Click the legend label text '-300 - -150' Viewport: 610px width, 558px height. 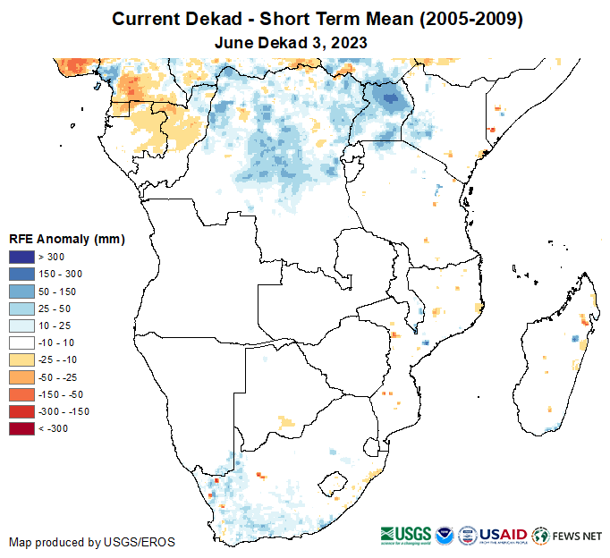(x=64, y=411)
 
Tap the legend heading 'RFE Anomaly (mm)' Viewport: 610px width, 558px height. (x=66, y=240)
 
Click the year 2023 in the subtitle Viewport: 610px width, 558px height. (x=350, y=42)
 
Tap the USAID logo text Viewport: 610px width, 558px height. (x=503, y=535)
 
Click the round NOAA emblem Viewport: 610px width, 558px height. (x=445, y=536)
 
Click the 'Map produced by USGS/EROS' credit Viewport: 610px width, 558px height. (x=92, y=542)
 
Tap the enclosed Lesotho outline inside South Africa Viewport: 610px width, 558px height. (x=335, y=480)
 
